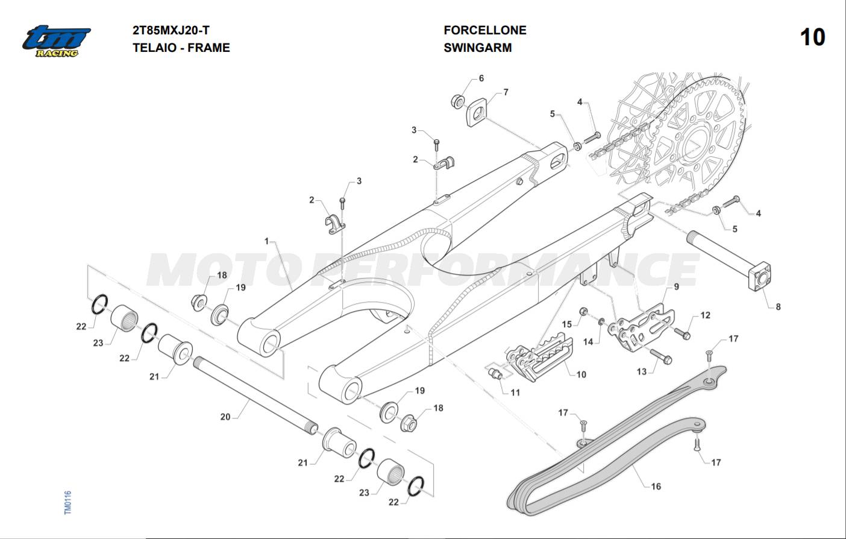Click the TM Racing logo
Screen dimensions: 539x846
coord(56,41)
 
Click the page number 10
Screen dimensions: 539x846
coord(812,37)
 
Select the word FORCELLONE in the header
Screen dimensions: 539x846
coord(484,30)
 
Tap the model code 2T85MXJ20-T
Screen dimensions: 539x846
coord(171,30)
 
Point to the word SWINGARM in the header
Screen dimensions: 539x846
coord(477,48)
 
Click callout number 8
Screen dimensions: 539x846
coord(777,306)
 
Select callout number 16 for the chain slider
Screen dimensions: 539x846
coord(655,486)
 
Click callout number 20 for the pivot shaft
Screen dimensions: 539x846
coord(225,417)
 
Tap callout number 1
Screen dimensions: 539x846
coord(266,241)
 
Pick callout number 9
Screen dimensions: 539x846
coord(676,286)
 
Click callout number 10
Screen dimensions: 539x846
coord(581,374)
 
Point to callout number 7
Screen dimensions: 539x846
coord(506,92)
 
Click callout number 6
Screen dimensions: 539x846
coord(481,78)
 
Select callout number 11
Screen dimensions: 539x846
coord(515,392)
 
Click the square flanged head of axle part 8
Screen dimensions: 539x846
coord(761,277)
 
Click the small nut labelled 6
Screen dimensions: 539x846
coord(458,100)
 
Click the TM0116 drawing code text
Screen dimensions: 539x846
coord(67,502)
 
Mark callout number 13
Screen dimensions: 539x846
coord(641,371)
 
